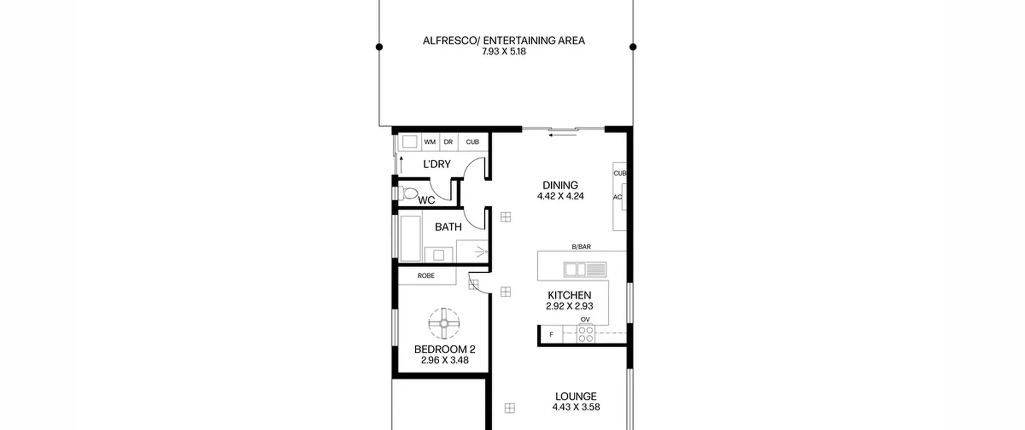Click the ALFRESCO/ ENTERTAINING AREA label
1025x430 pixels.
click(504, 40)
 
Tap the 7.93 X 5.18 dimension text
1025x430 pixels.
click(504, 52)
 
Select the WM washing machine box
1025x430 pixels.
click(430, 142)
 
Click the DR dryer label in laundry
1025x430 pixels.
click(448, 142)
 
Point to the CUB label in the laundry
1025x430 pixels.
click(472, 142)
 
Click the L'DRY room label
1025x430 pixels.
click(437, 164)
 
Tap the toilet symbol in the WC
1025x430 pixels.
click(406, 194)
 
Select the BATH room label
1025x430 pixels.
click(448, 227)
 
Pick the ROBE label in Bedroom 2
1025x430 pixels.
click(426, 276)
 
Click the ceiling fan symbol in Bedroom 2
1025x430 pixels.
click(444, 323)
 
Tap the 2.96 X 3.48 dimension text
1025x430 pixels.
click(445, 360)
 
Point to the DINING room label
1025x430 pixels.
click(560, 185)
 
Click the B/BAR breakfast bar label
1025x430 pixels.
click(581, 247)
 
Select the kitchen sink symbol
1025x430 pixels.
click(585, 270)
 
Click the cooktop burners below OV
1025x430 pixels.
click(586, 334)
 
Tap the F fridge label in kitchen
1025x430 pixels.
click(551, 334)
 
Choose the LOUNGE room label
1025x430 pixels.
click(576, 396)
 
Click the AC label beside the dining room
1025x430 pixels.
click(617, 197)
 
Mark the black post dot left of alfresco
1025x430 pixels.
click(379, 47)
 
